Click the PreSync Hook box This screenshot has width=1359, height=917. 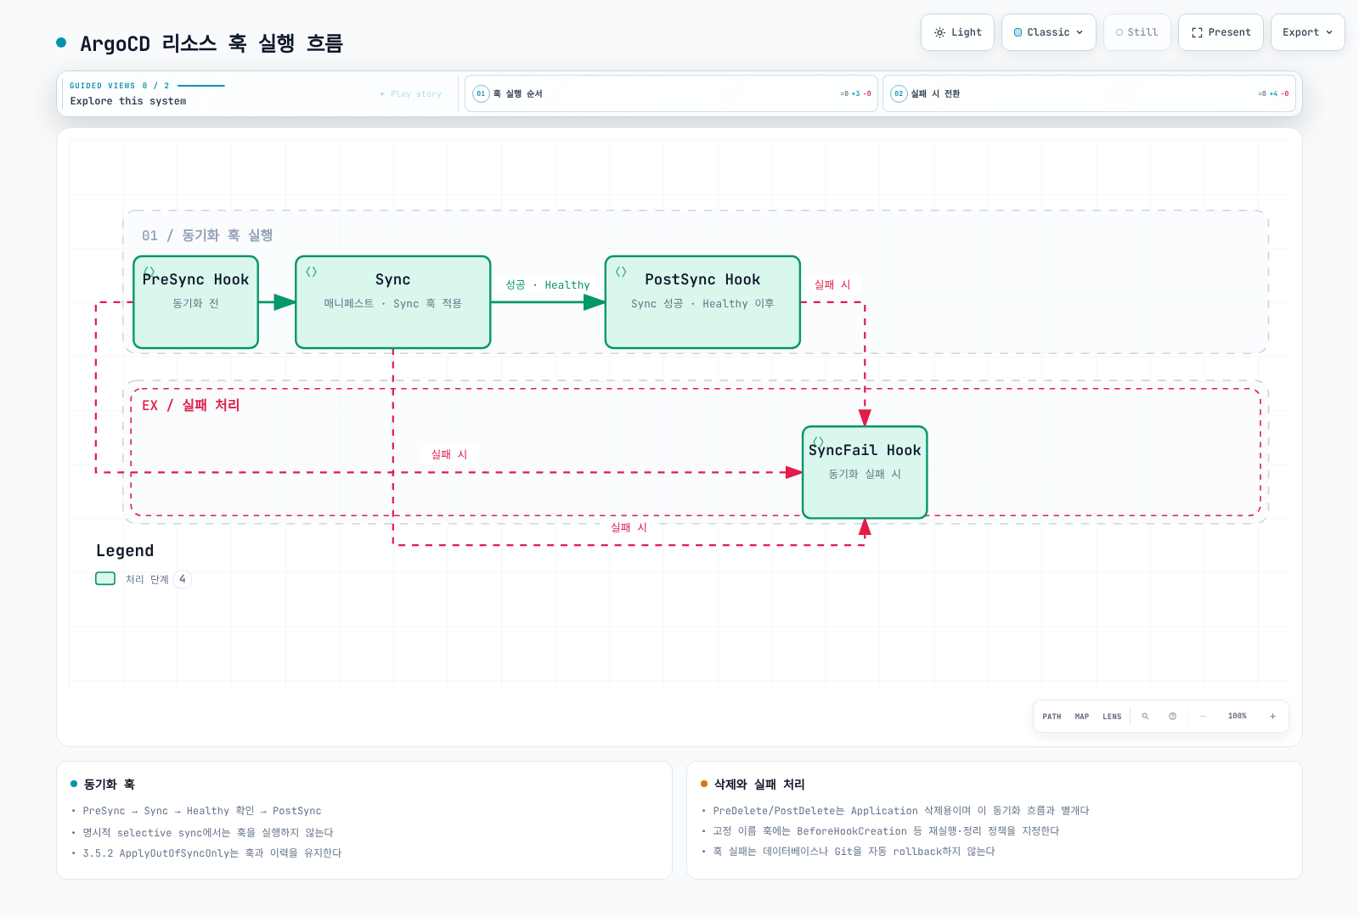[x=195, y=302]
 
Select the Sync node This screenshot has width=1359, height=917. [x=392, y=302]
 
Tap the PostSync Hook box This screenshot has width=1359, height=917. [x=702, y=302]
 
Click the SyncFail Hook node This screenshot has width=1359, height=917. [x=865, y=472]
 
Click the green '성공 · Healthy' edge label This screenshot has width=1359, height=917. [x=548, y=284]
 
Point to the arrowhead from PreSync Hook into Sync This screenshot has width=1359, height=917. [x=285, y=302]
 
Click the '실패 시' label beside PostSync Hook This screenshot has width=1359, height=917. [x=832, y=284]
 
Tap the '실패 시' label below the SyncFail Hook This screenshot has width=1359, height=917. [x=629, y=527]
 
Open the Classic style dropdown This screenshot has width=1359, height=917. [x=1048, y=32]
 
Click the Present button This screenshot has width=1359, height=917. [x=1221, y=32]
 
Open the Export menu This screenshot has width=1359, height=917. [x=1307, y=32]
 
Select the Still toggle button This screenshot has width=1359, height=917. [x=1137, y=32]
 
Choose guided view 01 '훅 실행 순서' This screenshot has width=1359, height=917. [x=671, y=93]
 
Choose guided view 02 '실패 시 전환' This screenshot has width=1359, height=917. [x=1089, y=93]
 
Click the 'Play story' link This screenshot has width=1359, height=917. [x=411, y=94]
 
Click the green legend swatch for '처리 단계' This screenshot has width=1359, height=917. [x=105, y=578]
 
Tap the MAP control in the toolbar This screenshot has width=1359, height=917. [x=1082, y=717]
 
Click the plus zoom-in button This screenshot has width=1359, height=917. [x=1273, y=717]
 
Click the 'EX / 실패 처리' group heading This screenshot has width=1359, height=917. [x=190, y=405]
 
